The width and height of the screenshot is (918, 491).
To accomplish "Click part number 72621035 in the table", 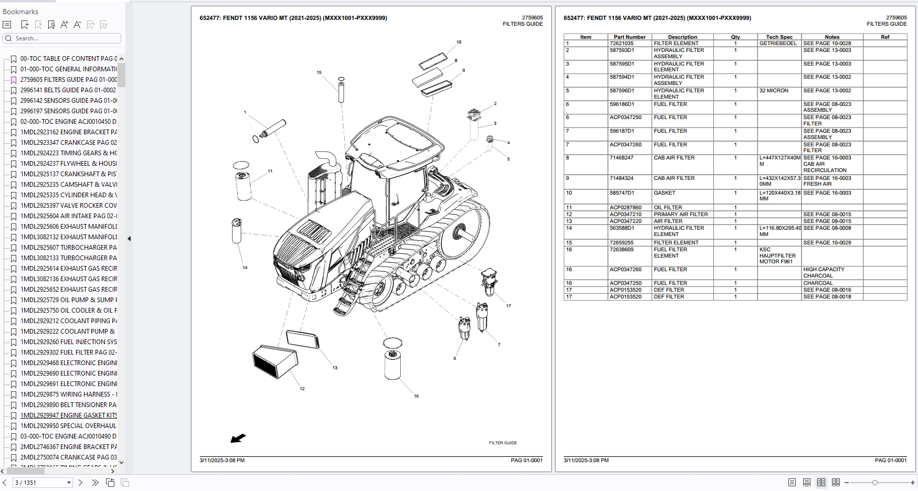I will pos(621,44).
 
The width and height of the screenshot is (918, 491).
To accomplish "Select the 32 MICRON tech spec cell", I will pos(774,91).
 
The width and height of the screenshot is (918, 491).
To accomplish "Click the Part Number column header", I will pos(629,37).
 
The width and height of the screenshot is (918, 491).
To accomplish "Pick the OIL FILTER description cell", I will pos(668,208).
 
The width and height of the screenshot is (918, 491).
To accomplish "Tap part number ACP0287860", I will pos(625,208).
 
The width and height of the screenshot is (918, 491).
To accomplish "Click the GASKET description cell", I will pos(664,193).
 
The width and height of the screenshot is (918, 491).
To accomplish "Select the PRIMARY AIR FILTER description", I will pos(680,215).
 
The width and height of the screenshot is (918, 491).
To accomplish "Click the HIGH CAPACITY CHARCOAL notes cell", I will pos(824,272).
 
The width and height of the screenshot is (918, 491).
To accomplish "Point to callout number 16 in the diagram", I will pos(416,396).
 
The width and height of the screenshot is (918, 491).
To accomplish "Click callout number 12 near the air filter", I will pos(302,389).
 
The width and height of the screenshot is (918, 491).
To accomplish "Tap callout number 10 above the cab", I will pos(458,42).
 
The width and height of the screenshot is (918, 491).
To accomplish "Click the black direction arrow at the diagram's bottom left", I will pos(238,438).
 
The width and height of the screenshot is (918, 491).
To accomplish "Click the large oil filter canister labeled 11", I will pos(243,185).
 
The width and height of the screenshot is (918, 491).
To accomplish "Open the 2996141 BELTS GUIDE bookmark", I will pos(68,90).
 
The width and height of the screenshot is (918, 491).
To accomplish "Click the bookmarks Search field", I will pos(63,38).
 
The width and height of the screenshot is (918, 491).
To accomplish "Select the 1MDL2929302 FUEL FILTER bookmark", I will pos(68,353).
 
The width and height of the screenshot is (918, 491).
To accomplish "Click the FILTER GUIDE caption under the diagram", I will pos(503,443).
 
